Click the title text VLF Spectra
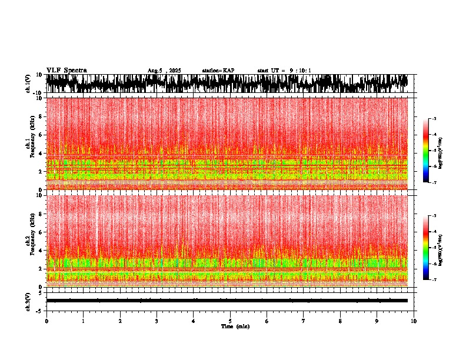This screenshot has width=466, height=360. (x=66, y=70)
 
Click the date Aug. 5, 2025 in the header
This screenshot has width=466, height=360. (x=164, y=71)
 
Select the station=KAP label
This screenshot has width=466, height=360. (x=218, y=71)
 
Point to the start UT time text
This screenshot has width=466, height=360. (x=284, y=71)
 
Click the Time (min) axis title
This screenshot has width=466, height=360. (x=235, y=326)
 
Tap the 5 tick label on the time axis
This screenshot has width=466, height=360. (x=230, y=321)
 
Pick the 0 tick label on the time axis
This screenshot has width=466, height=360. (x=46, y=321)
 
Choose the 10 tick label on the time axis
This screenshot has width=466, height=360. (x=414, y=321)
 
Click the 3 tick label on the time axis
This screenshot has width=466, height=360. (x=157, y=321)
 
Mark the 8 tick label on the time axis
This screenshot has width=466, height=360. (x=341, y=321)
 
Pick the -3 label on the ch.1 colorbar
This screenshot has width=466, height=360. (x=434, y=119)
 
